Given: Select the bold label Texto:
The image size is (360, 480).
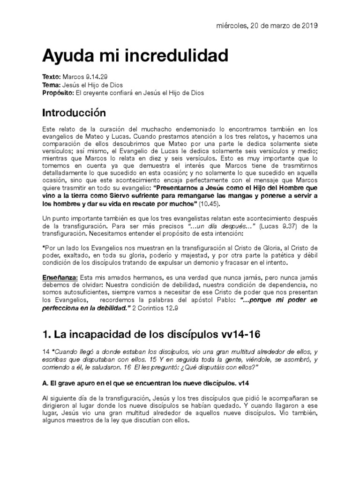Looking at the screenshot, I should [52, 76].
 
